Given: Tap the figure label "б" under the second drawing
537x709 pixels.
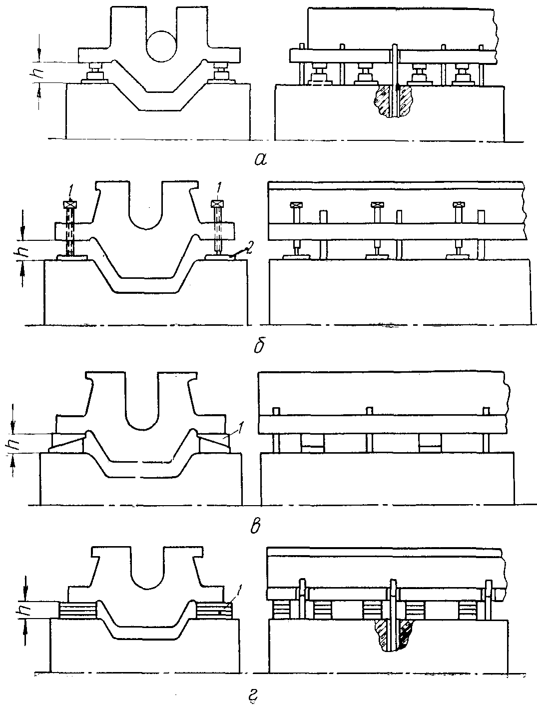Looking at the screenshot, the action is click(x=259, y=345).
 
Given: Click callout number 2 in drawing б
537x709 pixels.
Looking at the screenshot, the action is click(x=249, y=251).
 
